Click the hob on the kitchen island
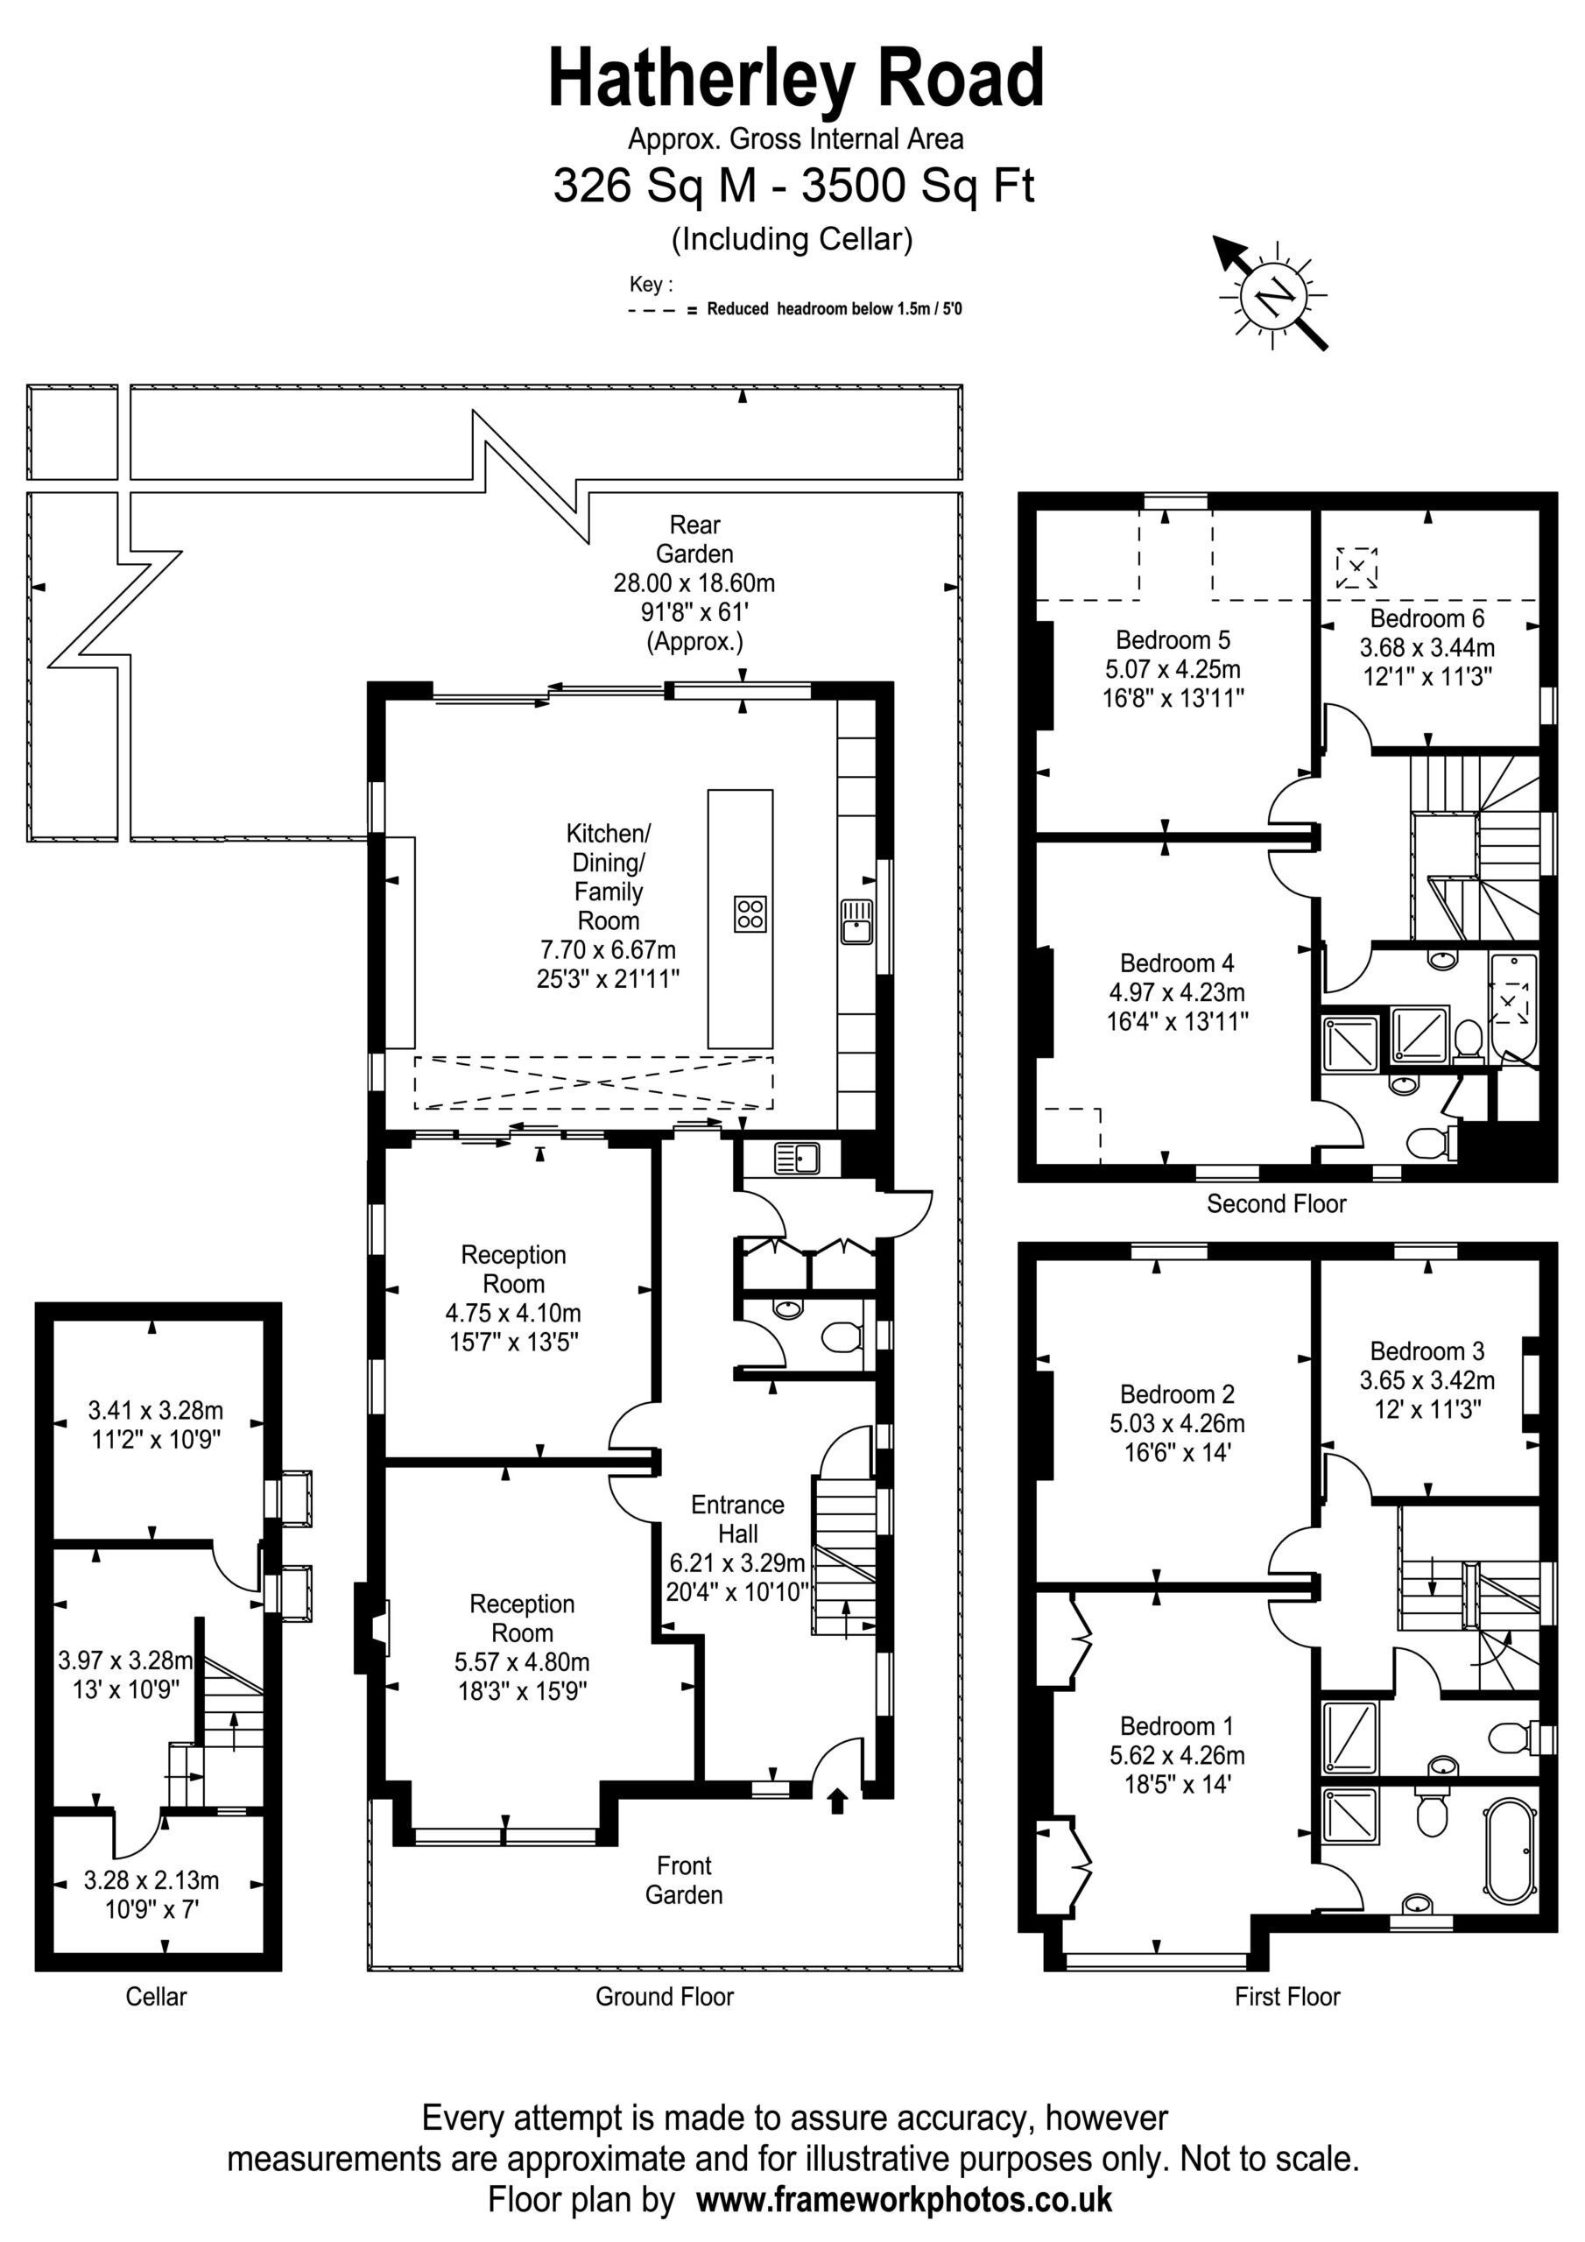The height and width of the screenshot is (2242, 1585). click(x=750, y=914)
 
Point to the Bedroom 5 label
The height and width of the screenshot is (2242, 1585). click(x=1173, y=639)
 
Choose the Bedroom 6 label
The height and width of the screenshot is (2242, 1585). click(x=1426, y=618)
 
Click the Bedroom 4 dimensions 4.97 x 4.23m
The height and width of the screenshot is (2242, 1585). click(x=1177, y=992)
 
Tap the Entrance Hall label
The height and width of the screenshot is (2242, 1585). click(x=737, y=1519)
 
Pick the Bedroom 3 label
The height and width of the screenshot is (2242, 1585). click(x=1426, y=1350)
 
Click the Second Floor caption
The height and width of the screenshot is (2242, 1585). click(x=1277, y=1203)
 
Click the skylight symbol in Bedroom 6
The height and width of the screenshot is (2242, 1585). click(x=1356, y=568)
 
